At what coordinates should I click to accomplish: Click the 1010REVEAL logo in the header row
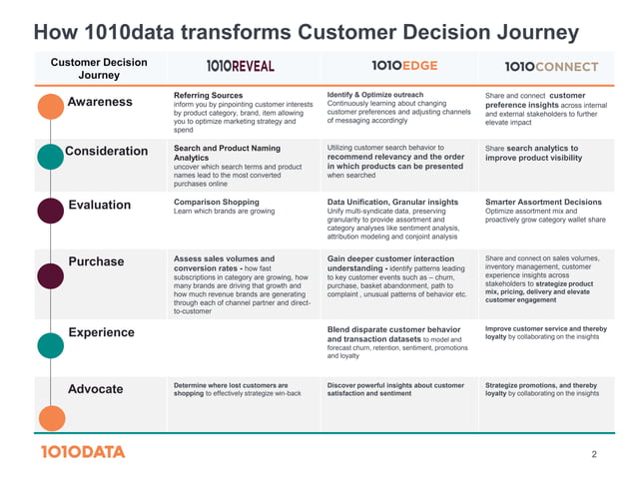[241, 66]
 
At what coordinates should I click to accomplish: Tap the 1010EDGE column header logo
[404, 66]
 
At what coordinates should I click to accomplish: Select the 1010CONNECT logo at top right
[551, 67]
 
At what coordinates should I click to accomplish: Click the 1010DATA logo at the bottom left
[83, 452]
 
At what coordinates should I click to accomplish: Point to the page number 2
[594, 455]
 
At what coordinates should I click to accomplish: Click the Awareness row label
[100, 102]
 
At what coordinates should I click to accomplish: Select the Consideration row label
[106, 152]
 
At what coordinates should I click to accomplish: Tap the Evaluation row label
[100, 205]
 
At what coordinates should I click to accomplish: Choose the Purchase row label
[97, 261]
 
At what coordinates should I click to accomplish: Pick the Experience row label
[101, 332]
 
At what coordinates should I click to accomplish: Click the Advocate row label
[96, 388]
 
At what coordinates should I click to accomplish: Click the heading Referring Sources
[208, 95]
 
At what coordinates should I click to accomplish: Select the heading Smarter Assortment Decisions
[543, 202]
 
